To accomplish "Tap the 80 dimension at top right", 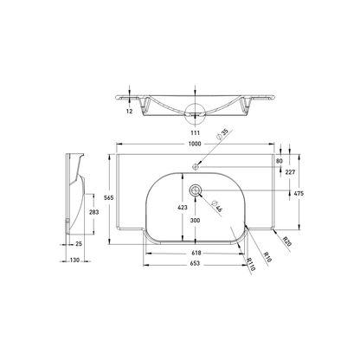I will (278, 160).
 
